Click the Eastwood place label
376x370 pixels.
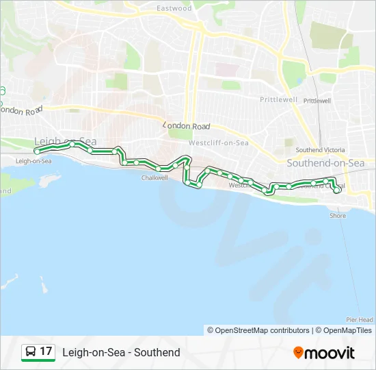point(174,8)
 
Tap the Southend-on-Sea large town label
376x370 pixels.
point(325,163)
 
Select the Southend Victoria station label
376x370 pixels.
point(319,149)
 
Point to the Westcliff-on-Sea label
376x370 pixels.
point(218,143)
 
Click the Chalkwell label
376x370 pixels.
point(155,177)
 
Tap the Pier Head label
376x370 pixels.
point(360,319)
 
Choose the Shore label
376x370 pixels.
point(338,216)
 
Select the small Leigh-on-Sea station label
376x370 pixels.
point(33,161)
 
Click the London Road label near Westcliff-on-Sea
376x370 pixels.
point(186,126)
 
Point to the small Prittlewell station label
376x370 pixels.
point(317,100)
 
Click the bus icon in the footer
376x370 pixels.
point(31,352)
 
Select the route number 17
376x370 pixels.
point(46,351)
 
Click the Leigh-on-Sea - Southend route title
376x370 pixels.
point(121,352)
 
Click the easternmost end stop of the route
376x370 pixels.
point(337,191)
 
